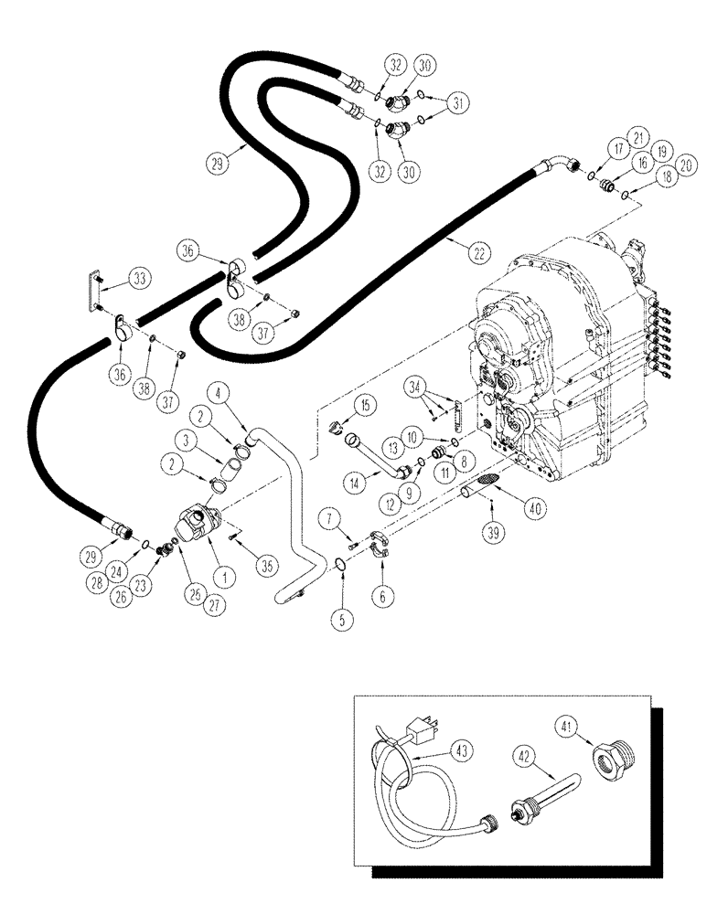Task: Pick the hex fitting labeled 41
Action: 607,761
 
